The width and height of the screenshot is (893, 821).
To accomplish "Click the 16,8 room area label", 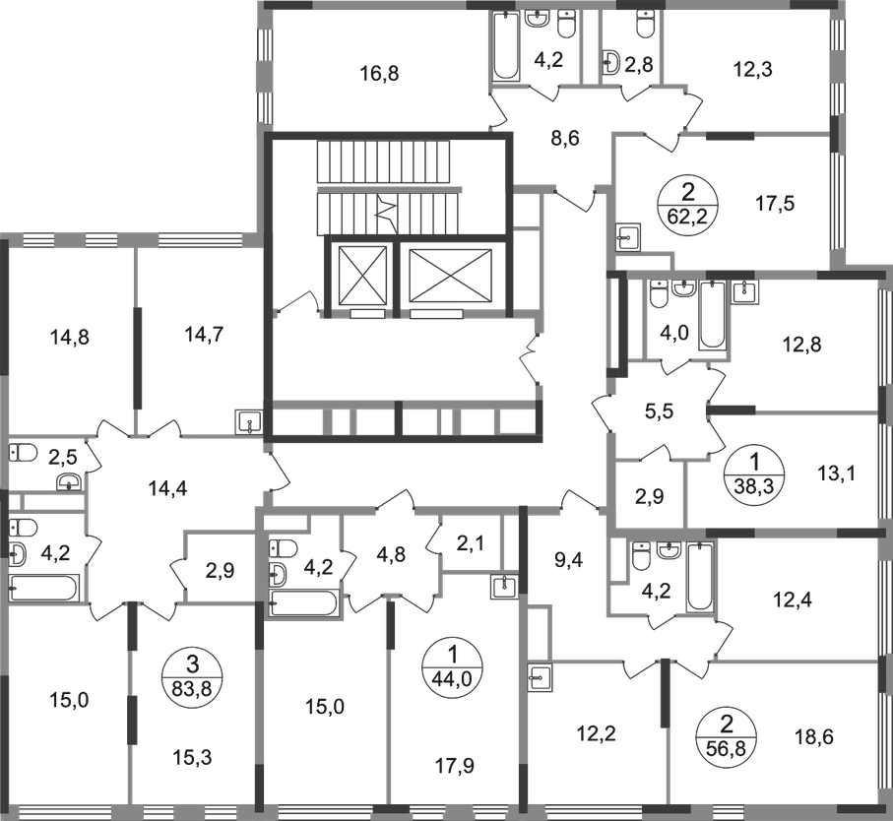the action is click(x=380, y=74).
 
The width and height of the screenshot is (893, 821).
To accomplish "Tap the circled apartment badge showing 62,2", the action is click(x=688, y=202).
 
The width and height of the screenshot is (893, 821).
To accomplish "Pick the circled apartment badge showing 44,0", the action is click(x=452, y=663).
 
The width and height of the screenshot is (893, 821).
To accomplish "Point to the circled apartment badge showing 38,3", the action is click(x=754, y=473).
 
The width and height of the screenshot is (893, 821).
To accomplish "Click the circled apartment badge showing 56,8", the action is click(x=727, y=735).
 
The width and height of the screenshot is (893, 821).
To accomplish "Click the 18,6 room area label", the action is click(x=814, y=737).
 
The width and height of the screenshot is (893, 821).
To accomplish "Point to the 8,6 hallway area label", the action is click(x=565, y=138).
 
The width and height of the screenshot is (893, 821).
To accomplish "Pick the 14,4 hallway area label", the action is click(x=168, y=488).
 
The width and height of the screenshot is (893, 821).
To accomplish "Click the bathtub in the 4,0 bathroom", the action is click(x=713, y=315).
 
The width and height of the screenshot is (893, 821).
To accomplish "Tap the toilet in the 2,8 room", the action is click(x=645, y=25).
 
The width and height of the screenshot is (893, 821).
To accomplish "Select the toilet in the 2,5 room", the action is click(x=24, y=453).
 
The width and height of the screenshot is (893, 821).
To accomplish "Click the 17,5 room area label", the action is click(x=775, y=203).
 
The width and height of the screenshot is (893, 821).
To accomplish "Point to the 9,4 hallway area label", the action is click(x=569, y=560).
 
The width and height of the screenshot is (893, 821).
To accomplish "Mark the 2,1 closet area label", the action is click(x=471, y=543).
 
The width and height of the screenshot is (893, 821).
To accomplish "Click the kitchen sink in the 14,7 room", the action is click(x=248, y=422).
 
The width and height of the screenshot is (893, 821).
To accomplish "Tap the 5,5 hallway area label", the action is click(x=660, y=410).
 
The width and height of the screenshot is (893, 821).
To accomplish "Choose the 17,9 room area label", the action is click(x=455, y=766).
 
